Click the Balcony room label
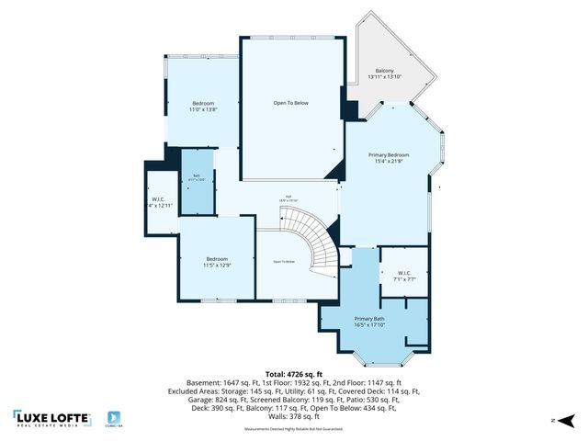pyautogui.click(x=385, y=74)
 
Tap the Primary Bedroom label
pyautogui.click(x=389, y=159)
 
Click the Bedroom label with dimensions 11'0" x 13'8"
pyautogui.click(x=203, y=106)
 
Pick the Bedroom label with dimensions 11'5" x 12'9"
pyautogui.click(x=217, y=262)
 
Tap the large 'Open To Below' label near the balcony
pyautogui.click(x=290, y=103)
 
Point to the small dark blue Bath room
pyautogui.click(x=197, y=181)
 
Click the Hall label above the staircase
pyautogui.click(x=288, y=200)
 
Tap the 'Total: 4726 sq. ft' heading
pyautogui.click(x=294, y=374)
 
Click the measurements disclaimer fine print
pyautogui.click(x=294, y=429)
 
